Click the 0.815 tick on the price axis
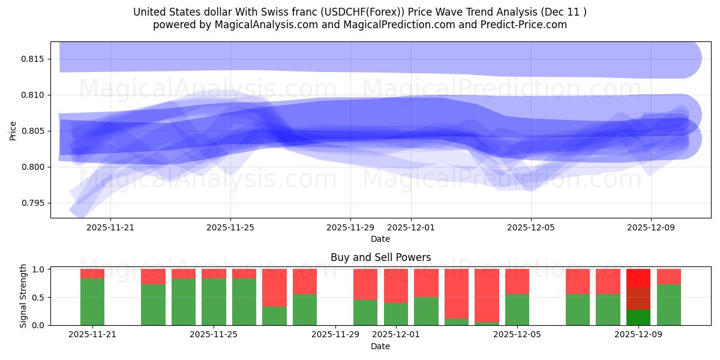(34, 59)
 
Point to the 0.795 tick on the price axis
(34, 203)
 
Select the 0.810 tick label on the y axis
(34, 95)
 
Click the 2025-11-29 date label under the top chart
(350, 228)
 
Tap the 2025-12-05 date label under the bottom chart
(517, 335)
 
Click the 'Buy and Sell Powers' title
(380, 257)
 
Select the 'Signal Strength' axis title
(23, 296)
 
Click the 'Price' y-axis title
(13, 130)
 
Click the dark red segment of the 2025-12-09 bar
(638, 298)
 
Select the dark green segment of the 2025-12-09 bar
(638, 317)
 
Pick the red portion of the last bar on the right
(668, 276)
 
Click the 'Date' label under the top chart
(380, 239)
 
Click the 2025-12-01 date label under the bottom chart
(395, 335)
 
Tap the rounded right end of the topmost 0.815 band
(690, 58)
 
